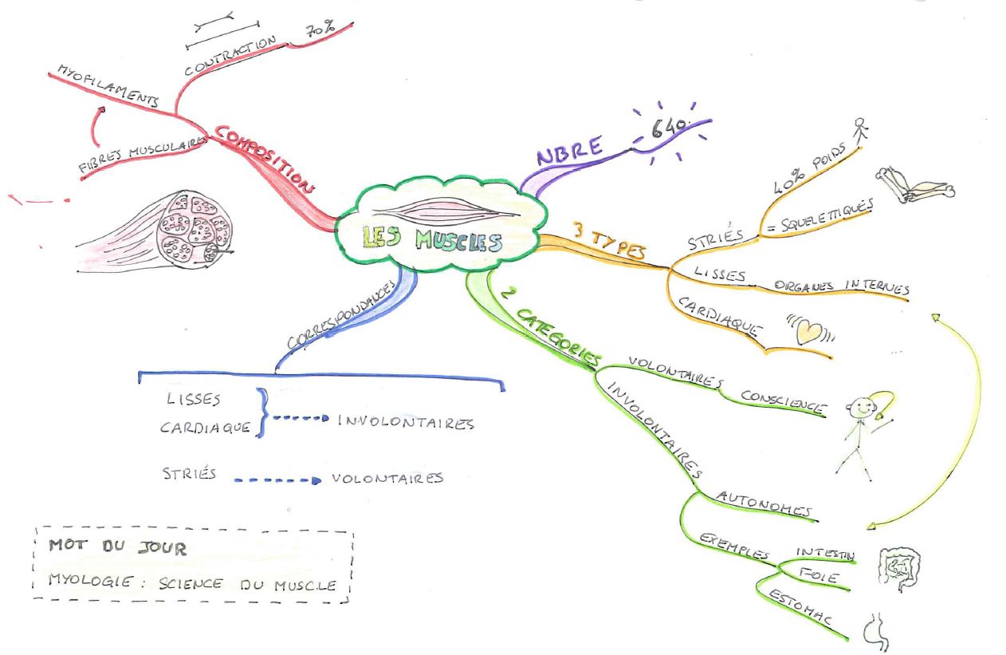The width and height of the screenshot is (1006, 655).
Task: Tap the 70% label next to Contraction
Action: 318,31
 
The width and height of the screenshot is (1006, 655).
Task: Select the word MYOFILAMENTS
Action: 108,85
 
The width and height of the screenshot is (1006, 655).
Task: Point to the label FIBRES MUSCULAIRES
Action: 143,153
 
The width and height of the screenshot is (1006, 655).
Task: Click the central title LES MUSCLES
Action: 431,239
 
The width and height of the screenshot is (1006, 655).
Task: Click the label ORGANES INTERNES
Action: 840,286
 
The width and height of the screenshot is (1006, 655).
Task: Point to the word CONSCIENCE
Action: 782,400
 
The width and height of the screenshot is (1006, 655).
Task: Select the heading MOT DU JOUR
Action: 117,548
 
